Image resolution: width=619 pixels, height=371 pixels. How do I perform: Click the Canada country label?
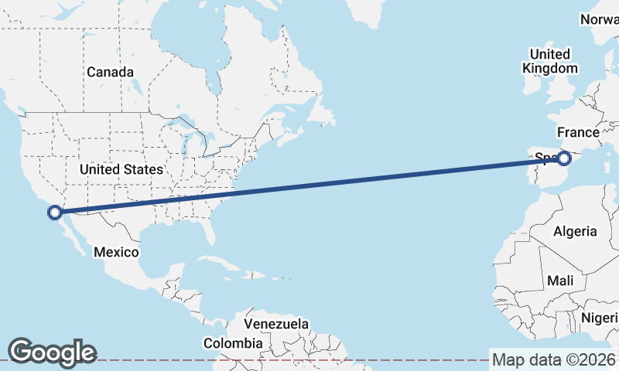pos(110,72)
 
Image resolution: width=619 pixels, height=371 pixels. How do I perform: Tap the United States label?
pos(121,169)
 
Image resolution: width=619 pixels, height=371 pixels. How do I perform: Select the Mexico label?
pos(116,252)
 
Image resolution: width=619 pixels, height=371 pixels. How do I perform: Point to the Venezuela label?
pos(276,324)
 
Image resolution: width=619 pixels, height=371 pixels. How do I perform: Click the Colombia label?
pos(233,342)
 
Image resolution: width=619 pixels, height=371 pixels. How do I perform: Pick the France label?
pos(578,132)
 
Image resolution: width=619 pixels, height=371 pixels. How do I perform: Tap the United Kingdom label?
pos(550,61)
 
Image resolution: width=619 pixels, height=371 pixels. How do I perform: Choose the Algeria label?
pos(575,231)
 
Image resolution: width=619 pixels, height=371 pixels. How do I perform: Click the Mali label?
pos(559,281)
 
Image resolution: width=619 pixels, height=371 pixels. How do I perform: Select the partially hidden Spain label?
pos(545,158)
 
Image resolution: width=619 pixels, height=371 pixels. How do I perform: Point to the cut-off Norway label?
pos(600,19)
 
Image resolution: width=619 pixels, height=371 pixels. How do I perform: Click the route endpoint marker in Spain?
pos(564,158)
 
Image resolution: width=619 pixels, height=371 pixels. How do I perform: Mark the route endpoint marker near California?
pos(54,212)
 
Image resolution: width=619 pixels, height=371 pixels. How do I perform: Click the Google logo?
pos(52,352)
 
